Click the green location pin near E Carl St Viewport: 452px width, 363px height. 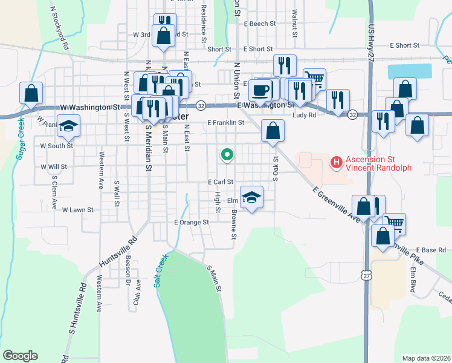(x=227, y=155)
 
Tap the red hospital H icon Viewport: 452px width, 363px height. (x=335, y=162)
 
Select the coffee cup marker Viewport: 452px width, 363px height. (x=260, y=91)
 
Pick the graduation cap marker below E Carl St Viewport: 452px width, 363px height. (x=251, y=197)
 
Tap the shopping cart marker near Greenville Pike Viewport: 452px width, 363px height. (x=394, y=223)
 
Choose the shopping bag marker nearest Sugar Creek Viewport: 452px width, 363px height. (x=31, y=93)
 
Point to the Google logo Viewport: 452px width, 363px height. (x=20, y=355)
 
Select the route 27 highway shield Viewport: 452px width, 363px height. (x=367, y=275)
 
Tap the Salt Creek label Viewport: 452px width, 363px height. (x=161, y=269)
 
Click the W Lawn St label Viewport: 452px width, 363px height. (x=78, y=210)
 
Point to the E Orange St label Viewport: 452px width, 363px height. (x=191, y=222)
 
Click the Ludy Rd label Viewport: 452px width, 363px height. (x=305, y=114)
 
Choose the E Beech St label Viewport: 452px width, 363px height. (x=259, y=24)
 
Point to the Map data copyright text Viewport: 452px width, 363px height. (x=425, y=357)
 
